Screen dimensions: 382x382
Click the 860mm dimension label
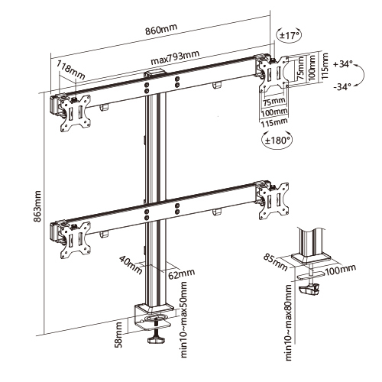click(161, 29)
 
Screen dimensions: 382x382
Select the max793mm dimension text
click(175, 58)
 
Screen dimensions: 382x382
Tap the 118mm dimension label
click(70, 70)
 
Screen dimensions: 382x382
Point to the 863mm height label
click(37, 206)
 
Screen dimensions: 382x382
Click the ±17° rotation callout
click(290, 35)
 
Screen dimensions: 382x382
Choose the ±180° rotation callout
click(277, 140)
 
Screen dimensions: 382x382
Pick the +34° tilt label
click(342, 64)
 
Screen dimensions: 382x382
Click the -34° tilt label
click(343, 87)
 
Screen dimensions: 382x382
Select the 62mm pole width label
click(181, 274)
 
